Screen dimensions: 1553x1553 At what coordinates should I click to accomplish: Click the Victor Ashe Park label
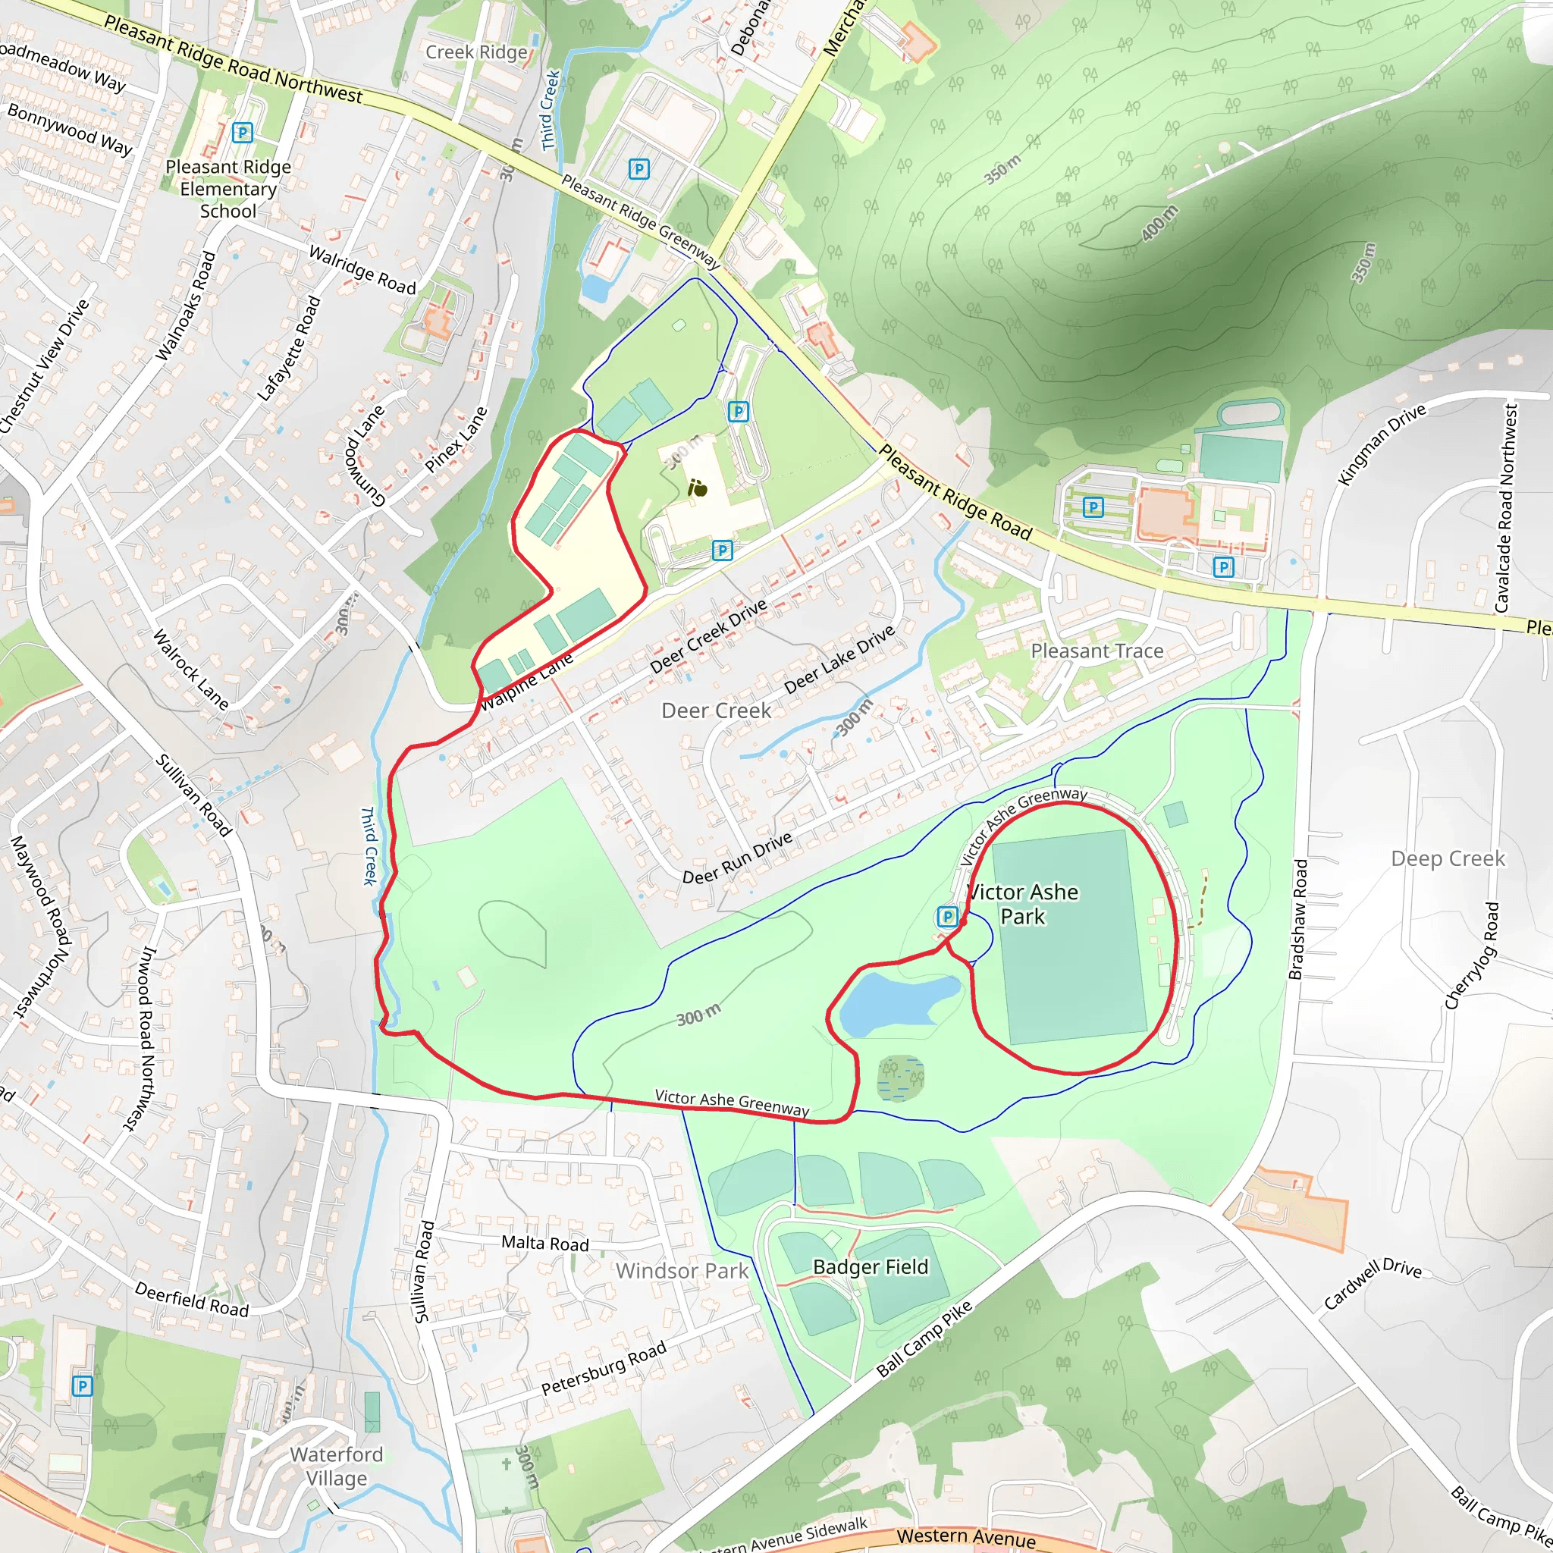[x=1022, y=905]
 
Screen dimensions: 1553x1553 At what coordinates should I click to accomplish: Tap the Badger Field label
[x=871, y=1267]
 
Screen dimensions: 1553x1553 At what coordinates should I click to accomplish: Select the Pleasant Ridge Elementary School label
[x=228, y=189]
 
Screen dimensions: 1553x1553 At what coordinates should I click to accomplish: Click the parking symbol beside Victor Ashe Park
[x=948, y=916]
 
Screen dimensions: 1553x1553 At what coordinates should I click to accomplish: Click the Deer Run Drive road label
[x=737, y=858]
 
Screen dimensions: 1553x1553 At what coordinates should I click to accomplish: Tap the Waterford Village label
[x=336, y=1467]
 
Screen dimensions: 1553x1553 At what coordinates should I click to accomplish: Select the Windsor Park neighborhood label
[x=682, y=1271]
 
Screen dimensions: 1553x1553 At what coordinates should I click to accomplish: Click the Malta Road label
[x=545, y=1244]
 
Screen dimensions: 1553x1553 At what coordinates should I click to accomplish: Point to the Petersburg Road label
[x=604, y=1367]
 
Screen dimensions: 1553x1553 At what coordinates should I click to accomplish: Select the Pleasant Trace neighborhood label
[x=1097, y=651]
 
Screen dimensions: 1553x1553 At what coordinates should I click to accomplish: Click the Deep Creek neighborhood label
[x=1448, y=858]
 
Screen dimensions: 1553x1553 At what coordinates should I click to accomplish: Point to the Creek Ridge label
[x=476, y=52]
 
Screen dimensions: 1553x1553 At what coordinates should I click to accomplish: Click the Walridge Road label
[x=362, y=270]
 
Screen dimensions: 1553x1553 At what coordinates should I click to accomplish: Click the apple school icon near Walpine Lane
[x=698, y=488]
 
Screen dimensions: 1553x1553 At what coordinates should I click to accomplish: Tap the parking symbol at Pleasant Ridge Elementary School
[x=242, y=133]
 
